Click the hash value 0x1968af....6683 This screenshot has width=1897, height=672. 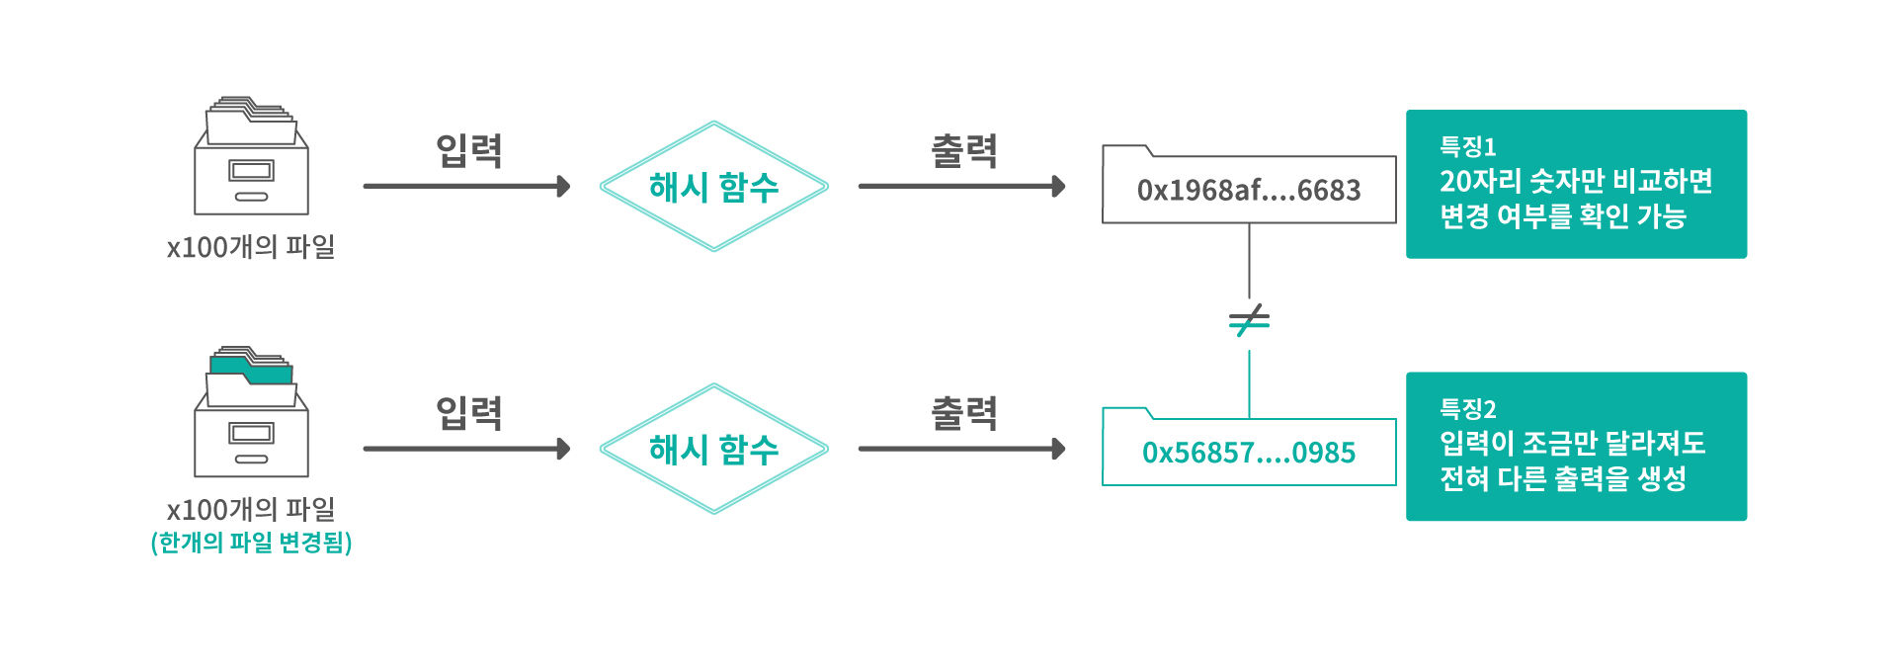(x=1249, y=190)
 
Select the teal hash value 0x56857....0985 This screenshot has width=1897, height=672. (x=1249, y=453)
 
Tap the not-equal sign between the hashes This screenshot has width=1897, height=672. (x=1249, y=320)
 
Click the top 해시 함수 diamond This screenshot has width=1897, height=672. (x=713, y=186)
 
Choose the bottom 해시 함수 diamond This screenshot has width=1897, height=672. (x=713, y=449)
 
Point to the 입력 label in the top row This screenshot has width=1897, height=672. (x=469, y=150)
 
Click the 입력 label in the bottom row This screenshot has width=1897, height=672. (x=469, y=413)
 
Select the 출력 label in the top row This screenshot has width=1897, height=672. (x=964, y=150)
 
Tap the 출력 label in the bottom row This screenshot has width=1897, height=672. (x=964, y=413)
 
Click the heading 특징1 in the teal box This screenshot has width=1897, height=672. (x=1467, y=146)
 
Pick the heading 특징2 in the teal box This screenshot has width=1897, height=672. (x=1467, y=408)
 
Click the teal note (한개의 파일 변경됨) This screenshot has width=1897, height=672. (x=252, y=543)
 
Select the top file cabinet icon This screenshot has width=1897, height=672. (x=251, y=155)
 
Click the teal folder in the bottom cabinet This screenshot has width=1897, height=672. (x=251, y=369)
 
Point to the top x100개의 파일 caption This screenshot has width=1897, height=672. (x=251, y=247)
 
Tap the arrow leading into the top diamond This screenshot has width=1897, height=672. (x=466, y=186)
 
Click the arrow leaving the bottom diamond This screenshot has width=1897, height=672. (x=961, y=449)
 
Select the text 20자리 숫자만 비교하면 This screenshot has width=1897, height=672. (x=1576, y=181)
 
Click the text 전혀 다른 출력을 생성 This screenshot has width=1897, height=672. (x=1563, y=478)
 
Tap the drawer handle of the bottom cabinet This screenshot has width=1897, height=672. (x=251, y=460)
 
